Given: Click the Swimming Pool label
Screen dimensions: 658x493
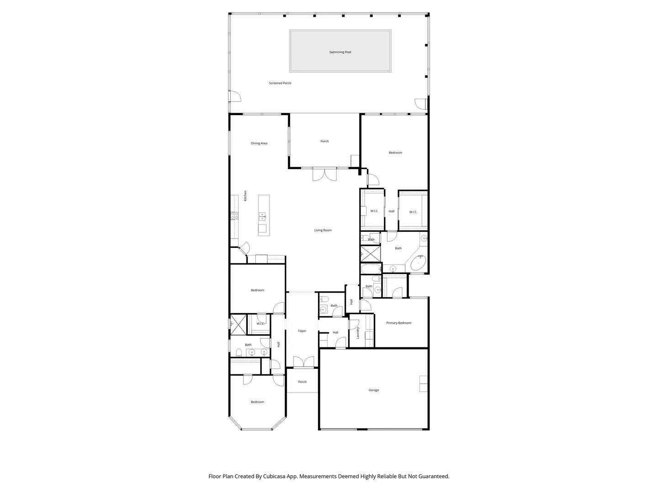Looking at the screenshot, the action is pos(340,52).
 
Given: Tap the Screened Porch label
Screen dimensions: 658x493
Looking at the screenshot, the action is pos(280,83).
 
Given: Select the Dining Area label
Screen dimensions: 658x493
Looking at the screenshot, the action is pos(259,143).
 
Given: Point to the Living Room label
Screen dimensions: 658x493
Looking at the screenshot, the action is pos(323,230).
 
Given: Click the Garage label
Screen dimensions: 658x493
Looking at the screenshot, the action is pos(373,390).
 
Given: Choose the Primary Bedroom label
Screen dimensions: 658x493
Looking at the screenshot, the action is pos(399,323).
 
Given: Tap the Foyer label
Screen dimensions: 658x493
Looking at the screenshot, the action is pos(302,331).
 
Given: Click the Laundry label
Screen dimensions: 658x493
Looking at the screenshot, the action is pos(358,333).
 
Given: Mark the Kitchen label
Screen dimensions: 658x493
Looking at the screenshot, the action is pos(245,196).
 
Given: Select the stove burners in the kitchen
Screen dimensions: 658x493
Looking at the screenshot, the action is pos(234,215).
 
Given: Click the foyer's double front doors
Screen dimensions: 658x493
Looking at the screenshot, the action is pos(304,362).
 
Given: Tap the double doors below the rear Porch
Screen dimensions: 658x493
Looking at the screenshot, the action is pos(324,174).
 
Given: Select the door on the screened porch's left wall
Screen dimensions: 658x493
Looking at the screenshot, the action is pos(235,96).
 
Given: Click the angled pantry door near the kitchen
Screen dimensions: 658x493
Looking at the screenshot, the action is pos(244,248).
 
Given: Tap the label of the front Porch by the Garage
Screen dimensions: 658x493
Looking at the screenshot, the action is pos(302,382).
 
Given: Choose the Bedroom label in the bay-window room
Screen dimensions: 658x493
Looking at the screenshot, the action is pos(258,402).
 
